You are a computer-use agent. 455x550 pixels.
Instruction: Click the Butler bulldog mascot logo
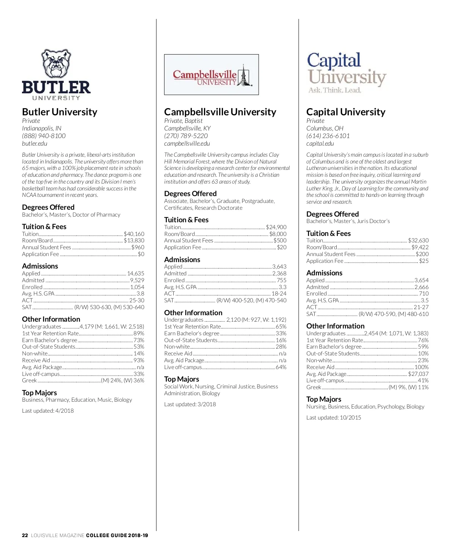pos(56,64)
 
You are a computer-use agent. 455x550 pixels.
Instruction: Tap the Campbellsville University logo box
pos(211,74)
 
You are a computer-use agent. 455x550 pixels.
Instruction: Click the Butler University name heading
pos(60,112)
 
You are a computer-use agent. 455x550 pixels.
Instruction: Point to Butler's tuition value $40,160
pos(134,234)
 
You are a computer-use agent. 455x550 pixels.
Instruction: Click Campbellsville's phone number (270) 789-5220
pos(186,136)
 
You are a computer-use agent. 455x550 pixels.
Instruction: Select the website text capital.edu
pos(320,143)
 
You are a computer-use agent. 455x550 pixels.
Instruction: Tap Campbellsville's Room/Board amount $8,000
pos(278,234)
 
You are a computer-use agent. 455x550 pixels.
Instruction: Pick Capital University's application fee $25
pos(424,261)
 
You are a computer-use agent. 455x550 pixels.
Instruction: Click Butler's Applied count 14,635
pos(135,273)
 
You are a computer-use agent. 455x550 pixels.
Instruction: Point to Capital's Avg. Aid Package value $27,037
pos(418,374)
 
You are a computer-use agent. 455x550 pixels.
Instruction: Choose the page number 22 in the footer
pos(25,536)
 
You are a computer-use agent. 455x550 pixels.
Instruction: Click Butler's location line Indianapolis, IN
pos(42,128)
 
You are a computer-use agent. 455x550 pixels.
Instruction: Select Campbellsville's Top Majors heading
pos(182,379)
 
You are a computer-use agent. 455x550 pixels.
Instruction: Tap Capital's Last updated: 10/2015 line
pos(334,418)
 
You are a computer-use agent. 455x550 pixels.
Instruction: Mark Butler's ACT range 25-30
pos(136,300)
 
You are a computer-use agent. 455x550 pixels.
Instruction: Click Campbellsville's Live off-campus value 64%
pos(281,367)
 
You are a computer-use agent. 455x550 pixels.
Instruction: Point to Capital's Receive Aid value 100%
pos(421,367)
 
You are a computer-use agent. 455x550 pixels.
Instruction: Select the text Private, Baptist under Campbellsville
pos(184,121)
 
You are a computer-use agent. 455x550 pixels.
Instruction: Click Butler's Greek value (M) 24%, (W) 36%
pos(122,380)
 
